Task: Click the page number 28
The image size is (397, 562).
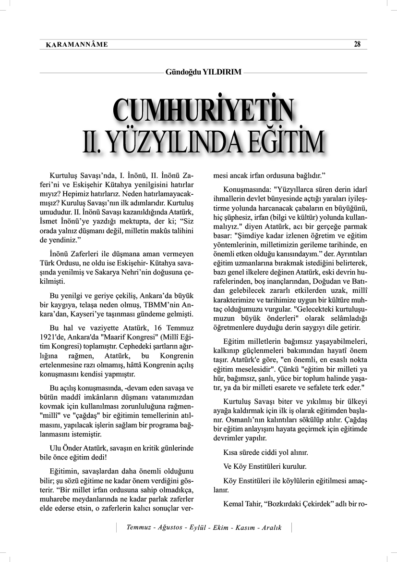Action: [x=357, y=44]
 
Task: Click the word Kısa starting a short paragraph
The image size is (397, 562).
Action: [x=232, y=452]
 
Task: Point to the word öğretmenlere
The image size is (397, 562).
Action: [x=235, y=327]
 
